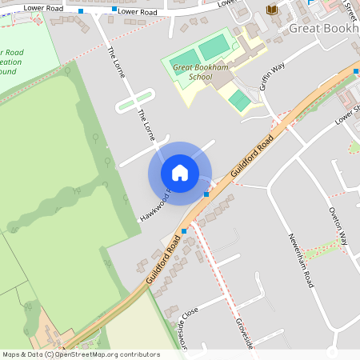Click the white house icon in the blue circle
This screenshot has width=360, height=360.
point(180,173)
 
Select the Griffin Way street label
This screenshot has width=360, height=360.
point(271,78)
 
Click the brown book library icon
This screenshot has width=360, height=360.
point(272,10)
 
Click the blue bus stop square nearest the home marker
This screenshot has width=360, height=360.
point(206,194)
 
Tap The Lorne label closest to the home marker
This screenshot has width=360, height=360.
point(146,126)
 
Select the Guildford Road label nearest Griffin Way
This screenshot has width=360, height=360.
point(253,158)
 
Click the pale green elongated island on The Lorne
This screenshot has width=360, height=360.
point(134,100)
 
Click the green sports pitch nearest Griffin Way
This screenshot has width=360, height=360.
point(238,101)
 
